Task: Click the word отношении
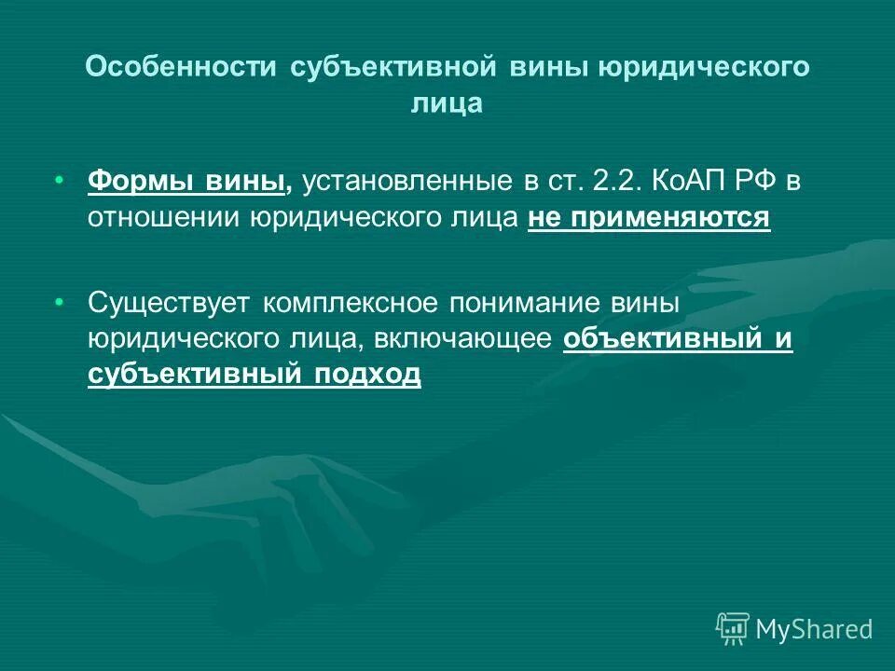tap(164, 218)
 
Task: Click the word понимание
tap(524, 303)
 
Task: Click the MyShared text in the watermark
tap(814, 629)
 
